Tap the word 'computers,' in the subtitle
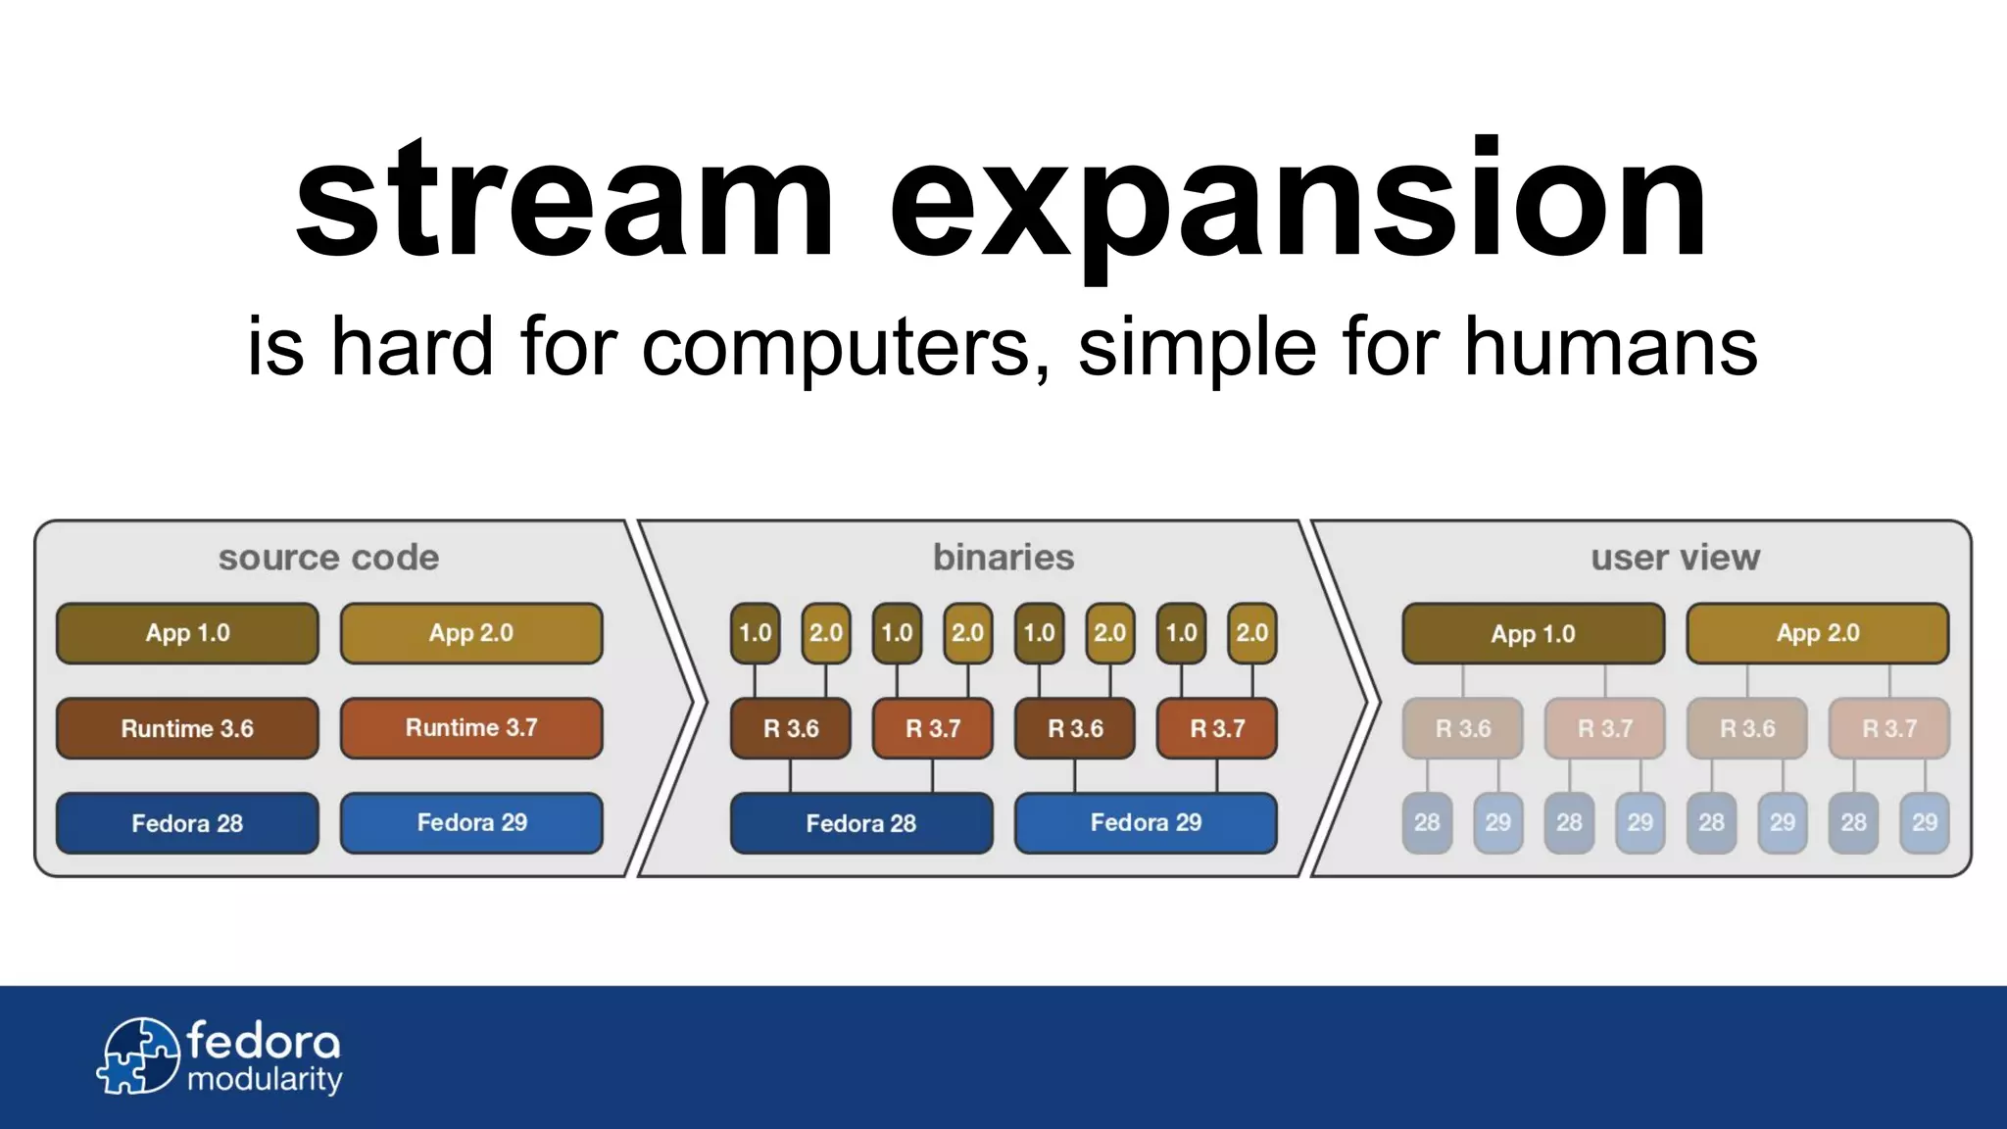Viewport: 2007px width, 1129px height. coord(846,347)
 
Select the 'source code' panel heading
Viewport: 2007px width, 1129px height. coord(328,558)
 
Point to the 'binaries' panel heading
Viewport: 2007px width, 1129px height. coord(1003,558)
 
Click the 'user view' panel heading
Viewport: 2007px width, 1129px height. coord(1675,558)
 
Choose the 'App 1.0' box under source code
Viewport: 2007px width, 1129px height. coord(187,633)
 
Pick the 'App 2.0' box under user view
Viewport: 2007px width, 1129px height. coord(1817,633)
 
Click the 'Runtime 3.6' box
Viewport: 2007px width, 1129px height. coord(187,728)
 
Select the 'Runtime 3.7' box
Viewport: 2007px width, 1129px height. coord(471,728)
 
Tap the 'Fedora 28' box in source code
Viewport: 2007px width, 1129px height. coord(187,823)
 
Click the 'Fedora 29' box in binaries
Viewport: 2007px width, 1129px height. coord(1146,823)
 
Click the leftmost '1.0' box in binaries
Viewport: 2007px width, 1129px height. coord(755,633)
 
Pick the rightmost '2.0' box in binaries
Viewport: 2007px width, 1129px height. coord(1251,633)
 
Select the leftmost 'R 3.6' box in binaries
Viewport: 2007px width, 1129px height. coord(791,728)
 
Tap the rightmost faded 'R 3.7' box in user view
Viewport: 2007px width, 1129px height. coord(1888,728)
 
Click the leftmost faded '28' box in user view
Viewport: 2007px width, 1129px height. coord(1427,823)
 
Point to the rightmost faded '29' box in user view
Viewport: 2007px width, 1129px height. coord(1924,823)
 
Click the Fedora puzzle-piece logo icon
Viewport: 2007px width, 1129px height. coord(138,1056)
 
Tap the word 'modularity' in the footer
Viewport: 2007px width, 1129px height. coord(265,1080)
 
